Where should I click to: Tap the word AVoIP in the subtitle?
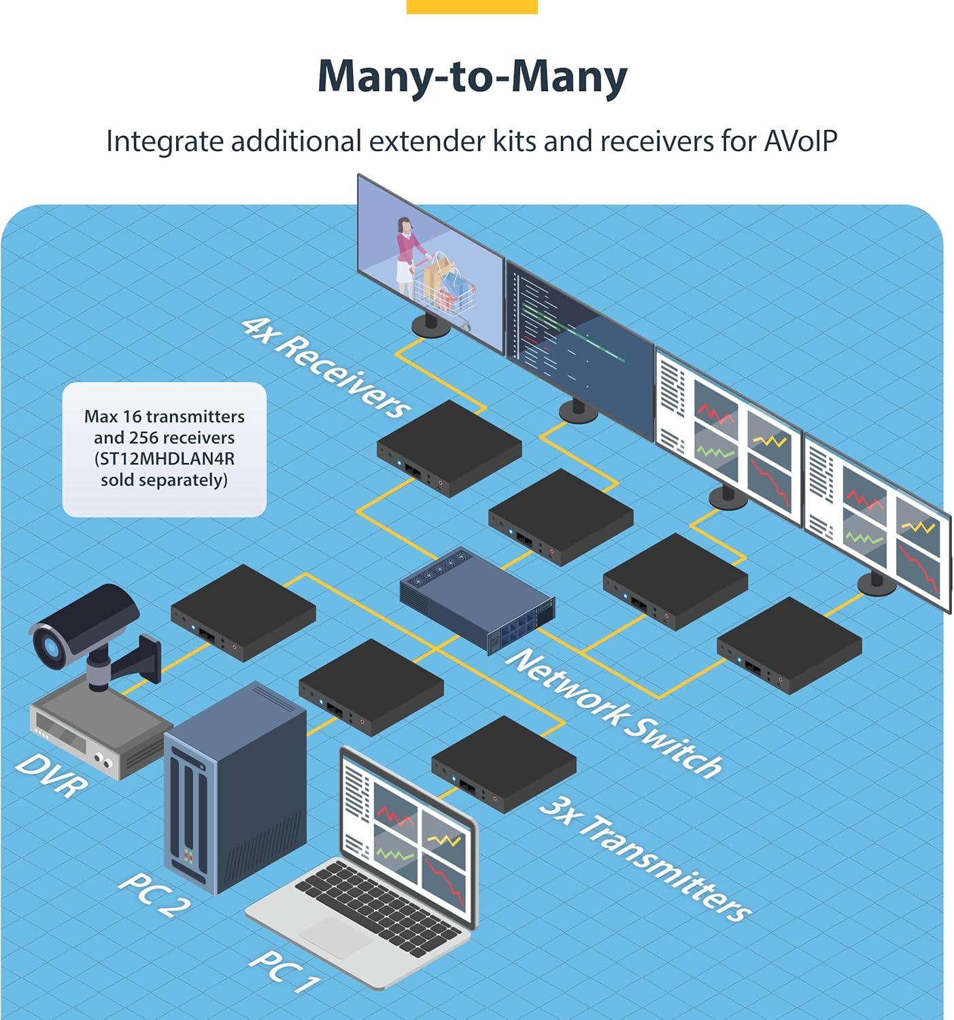(x=800, y=141)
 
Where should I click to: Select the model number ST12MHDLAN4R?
(x=165, y=458)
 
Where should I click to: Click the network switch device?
(x=477, y=599)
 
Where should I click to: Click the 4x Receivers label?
(x=327, y=368)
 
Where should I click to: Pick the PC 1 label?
(x=284, y=970)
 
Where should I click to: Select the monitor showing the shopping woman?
(x=430, y=264)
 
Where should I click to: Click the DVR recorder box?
(x=101, y=727)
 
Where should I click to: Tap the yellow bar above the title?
(x=472, y=7)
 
